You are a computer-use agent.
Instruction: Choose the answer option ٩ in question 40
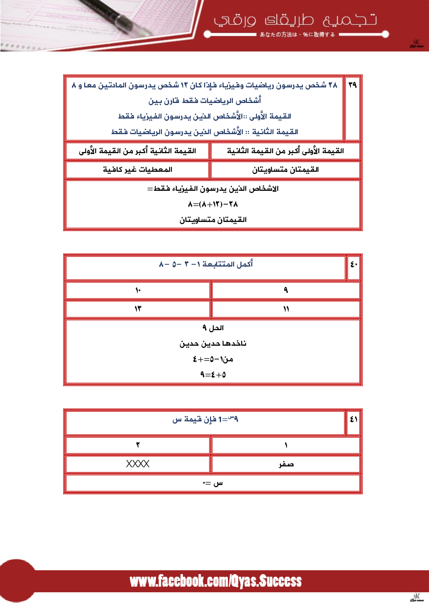click(x=285, y=290)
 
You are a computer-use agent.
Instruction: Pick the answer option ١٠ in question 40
click(x=138, y=290)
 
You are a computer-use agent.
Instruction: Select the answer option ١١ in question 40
click(x=285, y=309)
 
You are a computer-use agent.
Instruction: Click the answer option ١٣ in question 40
click(x=138, y=309)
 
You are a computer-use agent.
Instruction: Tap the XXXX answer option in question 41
click(x=138, y=464)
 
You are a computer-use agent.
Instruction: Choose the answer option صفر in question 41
click(x=285, y=464)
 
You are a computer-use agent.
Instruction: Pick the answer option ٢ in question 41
click(x=138, y=445)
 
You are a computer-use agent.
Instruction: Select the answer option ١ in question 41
click(x=285, y=445)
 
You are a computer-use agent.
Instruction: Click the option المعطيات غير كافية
click(x=138, y=170)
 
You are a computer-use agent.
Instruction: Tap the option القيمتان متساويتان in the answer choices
click(x=285, y=170)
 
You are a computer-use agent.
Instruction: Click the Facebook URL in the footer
click(x=215, y=581)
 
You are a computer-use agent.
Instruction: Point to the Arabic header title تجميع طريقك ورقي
click(x=295, y=20)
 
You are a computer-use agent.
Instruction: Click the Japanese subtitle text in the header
click(x=297, y=35)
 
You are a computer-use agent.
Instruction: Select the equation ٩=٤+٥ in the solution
click(x=213, y=375)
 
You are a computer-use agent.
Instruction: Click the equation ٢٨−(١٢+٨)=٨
click(x=213, y=204)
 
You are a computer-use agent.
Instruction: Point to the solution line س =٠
click(x=213, y=483)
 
